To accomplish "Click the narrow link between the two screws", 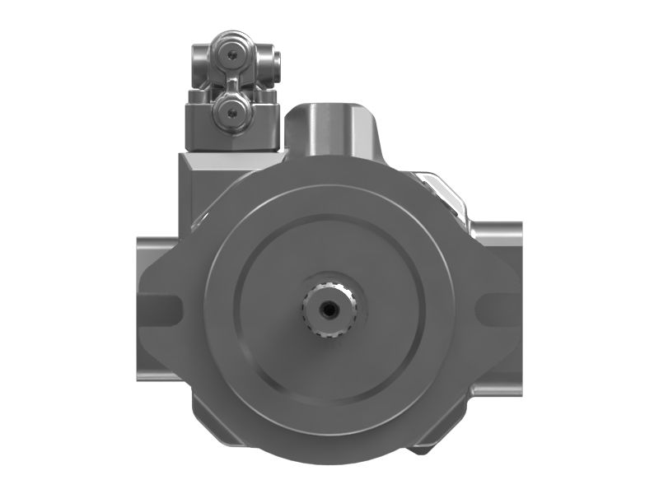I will pyautogui.click(x=233, y=82).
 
